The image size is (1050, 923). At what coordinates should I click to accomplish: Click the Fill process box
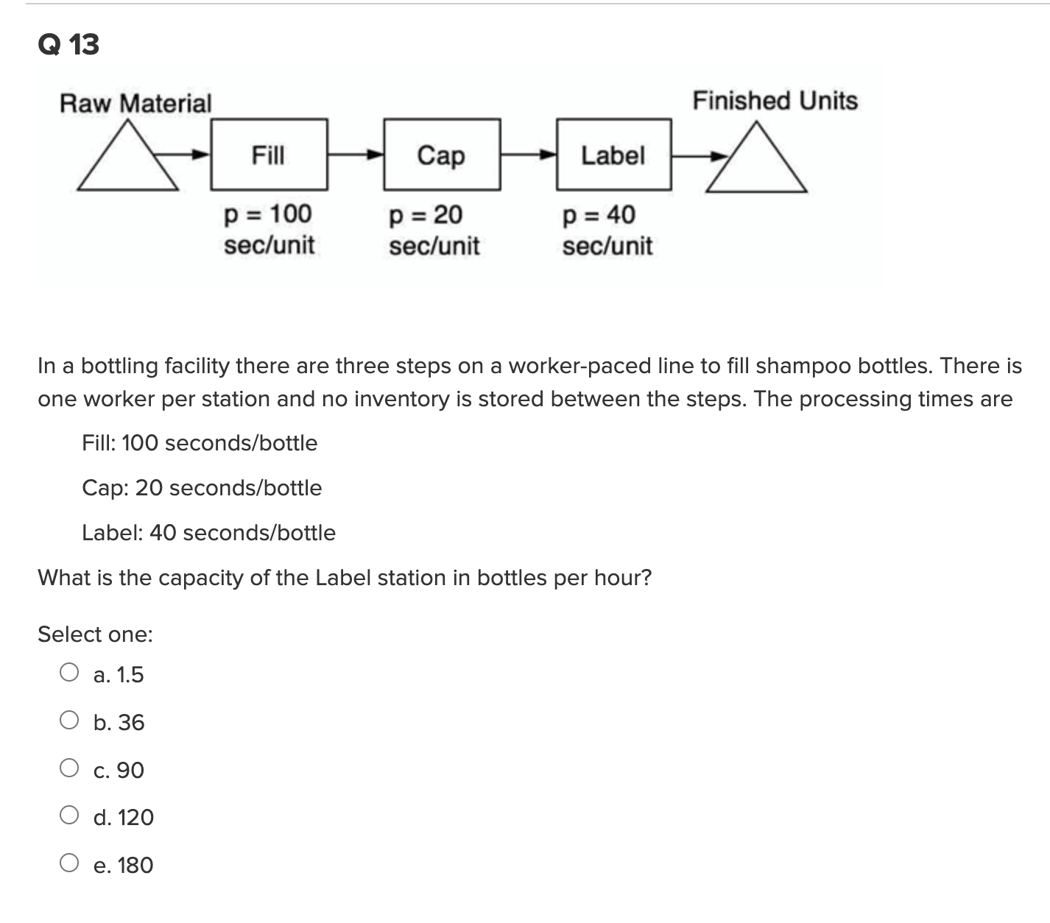tap(269, 155)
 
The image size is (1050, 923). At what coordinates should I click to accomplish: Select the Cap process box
tap(441, 155)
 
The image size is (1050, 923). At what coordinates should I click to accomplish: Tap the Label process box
tap(613, 155)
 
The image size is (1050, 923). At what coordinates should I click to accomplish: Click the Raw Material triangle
tap(128, 160)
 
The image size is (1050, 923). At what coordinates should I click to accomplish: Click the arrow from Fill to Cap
tap(356, 155)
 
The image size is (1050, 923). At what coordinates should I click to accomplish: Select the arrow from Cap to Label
tap(528, 155)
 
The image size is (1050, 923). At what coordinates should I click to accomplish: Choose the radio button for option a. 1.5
tap(69, 673)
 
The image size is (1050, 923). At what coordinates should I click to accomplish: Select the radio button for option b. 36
tap(69, 721)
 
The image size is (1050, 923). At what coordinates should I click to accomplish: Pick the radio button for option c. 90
tap(69, 768)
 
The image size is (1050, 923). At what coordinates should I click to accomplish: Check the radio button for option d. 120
tap(69, 816)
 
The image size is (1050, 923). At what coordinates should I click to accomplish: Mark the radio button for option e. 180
tap(69, 863)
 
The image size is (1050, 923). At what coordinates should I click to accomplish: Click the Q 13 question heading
tap(68, 45)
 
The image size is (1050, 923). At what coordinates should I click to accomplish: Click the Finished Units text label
tap(775, 101)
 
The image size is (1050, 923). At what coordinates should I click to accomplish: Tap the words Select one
tap(95, 634)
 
